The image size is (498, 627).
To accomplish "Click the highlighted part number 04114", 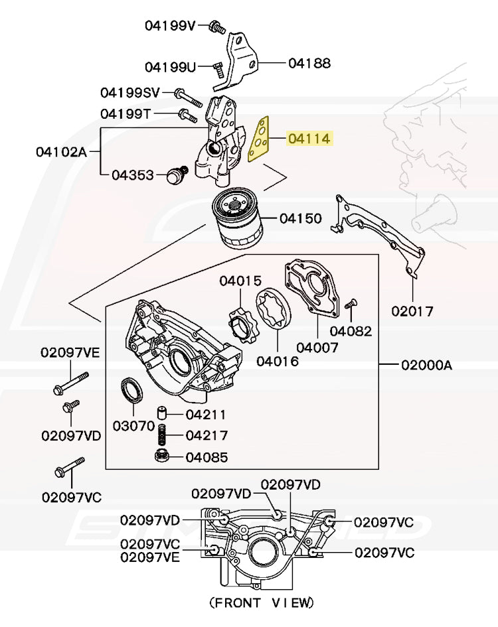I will click(309, 139).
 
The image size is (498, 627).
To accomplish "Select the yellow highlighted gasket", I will click(260, 140).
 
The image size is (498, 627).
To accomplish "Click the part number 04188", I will click(309, 64).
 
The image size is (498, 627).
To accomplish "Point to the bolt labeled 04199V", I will click(216, 27).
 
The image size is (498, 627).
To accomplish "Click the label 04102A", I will click(61, 152).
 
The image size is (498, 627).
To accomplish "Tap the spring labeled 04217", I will click(161, 436).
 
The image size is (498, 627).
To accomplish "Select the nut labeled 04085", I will click(160, 456).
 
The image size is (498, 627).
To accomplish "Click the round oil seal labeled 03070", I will click(130, 390).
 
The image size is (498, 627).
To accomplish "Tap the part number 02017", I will click(412, 310).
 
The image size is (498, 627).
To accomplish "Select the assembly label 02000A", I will click(426, 365).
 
